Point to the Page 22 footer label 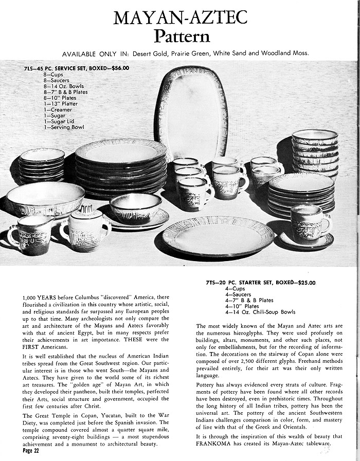(34, 451)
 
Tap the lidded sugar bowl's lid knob (85, 209)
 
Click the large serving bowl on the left (45, 199)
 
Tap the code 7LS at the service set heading (30, 68)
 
